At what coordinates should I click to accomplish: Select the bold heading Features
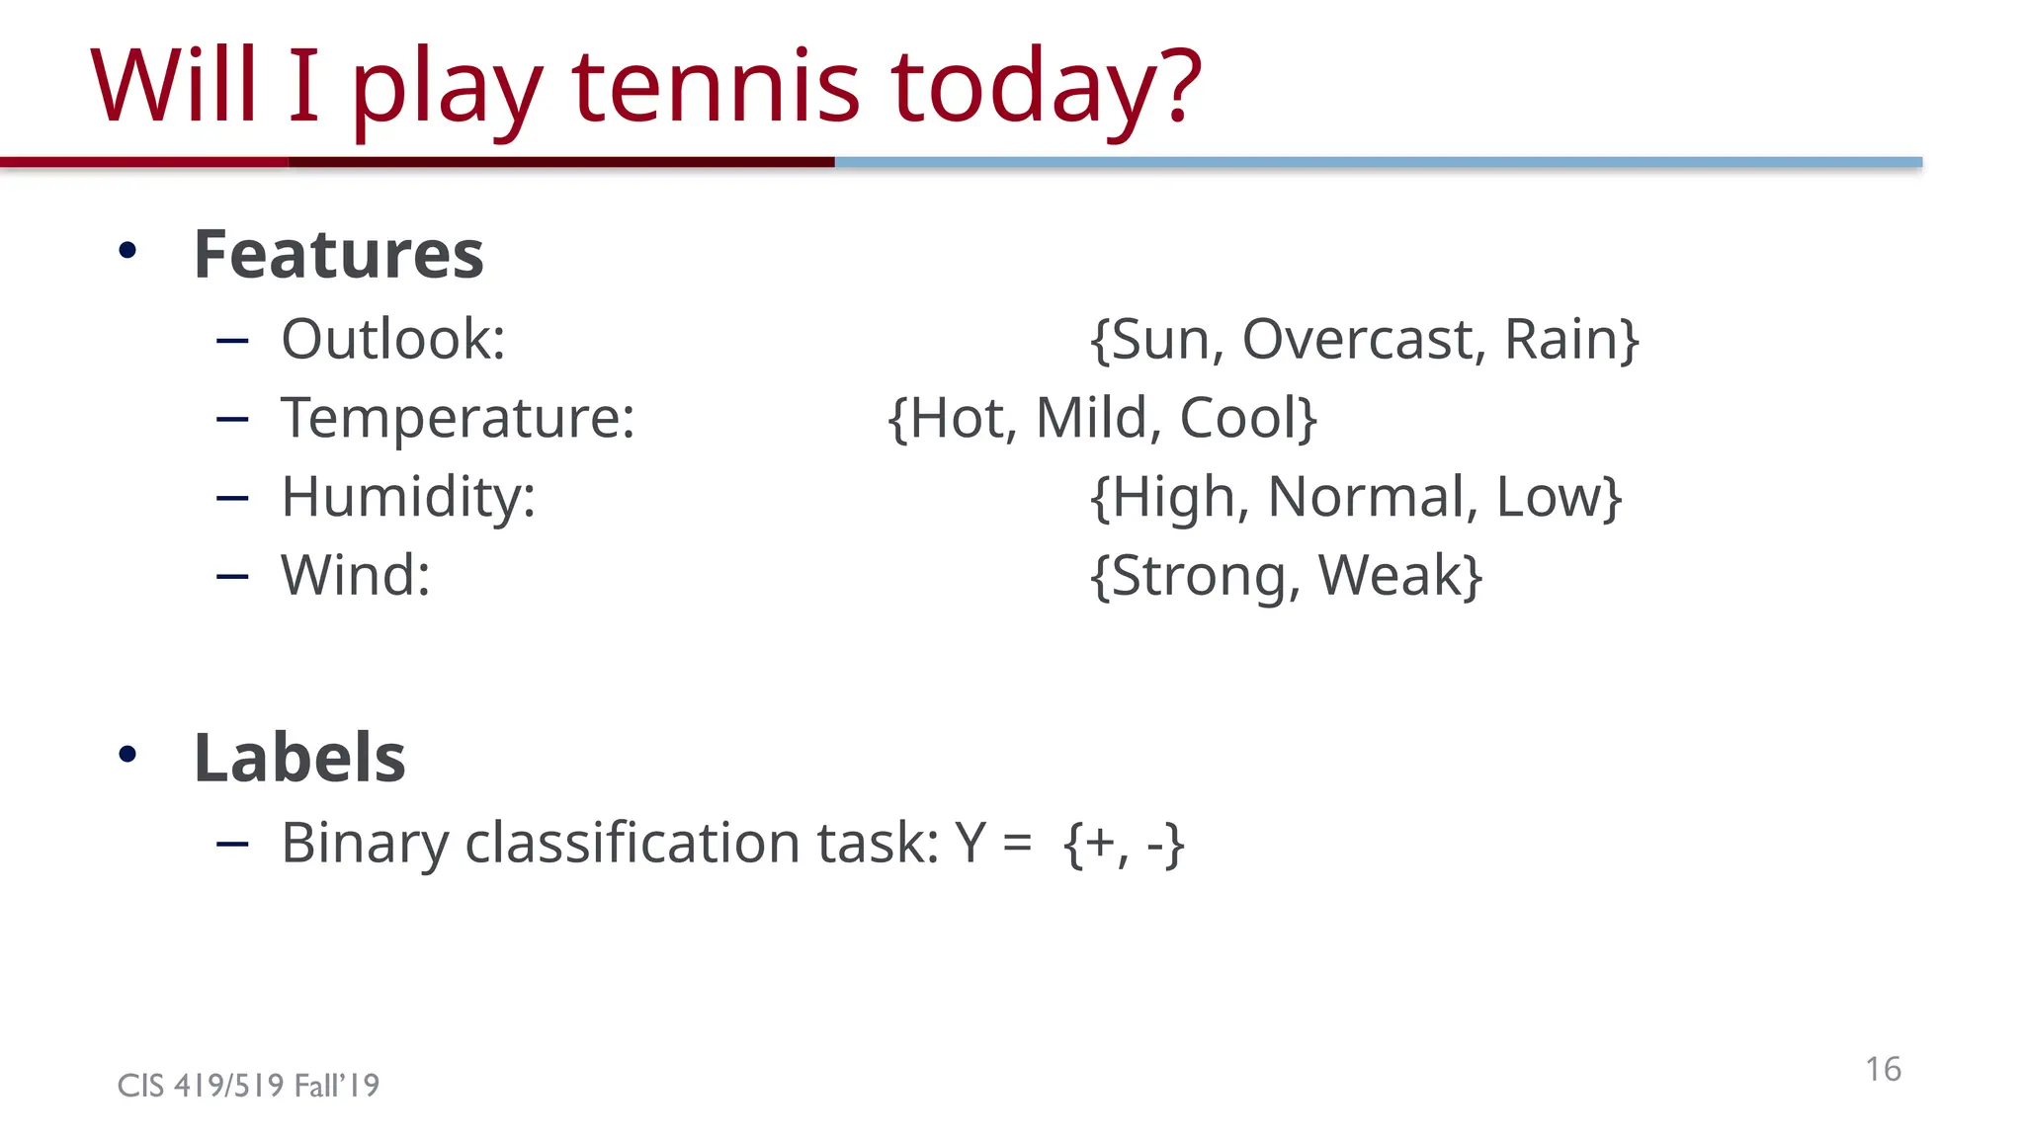coord(338,255)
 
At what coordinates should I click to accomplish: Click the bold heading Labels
coord(299,759)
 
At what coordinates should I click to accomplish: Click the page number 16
coord(1883,1069)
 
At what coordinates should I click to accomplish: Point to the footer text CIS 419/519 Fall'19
coord(248,1086)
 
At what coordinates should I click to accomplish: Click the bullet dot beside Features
coord(127,251)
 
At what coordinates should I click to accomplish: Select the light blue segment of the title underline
coord(1378,162)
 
